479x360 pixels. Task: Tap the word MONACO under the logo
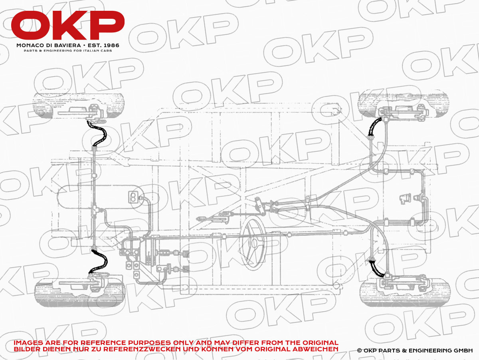click(x=29, y=46)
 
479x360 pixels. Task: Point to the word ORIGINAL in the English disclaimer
click(x=315, y=343)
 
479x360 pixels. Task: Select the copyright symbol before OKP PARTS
click(x=360, y=350)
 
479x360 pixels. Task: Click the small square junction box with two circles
click(x=133, y=197)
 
